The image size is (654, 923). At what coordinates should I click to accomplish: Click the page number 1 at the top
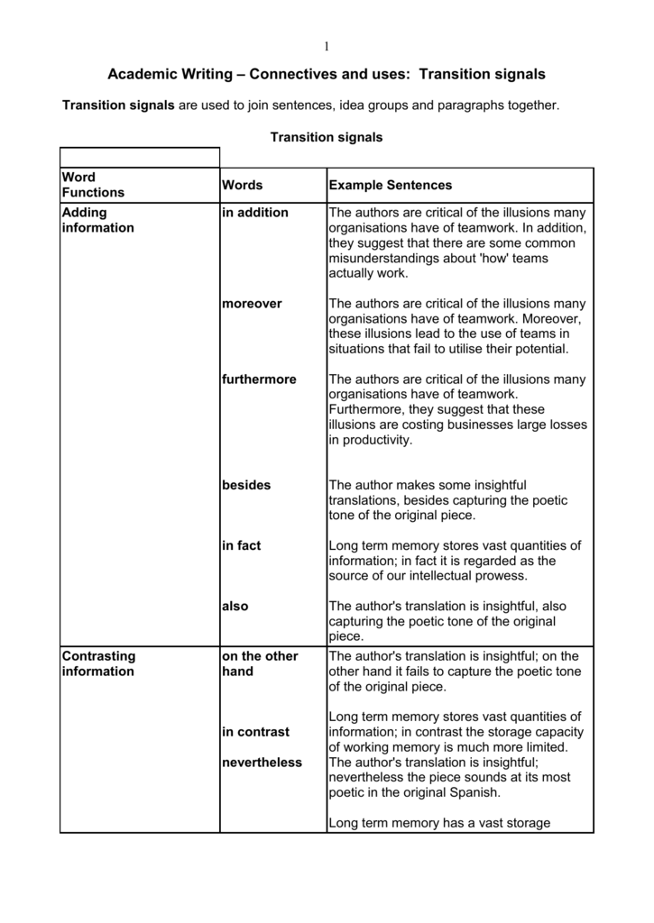327,47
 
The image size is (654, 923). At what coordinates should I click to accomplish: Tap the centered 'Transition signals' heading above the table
327,138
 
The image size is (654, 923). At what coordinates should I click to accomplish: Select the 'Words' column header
242,185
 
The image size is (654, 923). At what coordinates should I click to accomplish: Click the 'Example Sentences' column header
390,185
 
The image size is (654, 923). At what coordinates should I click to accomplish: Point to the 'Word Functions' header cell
93,185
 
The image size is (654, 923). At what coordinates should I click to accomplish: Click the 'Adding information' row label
97,220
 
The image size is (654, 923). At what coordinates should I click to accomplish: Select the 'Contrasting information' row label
97,663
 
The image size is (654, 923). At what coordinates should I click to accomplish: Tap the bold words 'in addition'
255,213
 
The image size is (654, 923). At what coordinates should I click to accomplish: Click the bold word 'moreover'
252,304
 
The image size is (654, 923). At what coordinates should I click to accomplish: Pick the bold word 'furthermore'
259,379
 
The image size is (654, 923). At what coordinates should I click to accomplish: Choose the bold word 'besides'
246,485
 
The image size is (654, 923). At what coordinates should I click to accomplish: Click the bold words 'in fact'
241,545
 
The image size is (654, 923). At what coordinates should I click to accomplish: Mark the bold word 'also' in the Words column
235,607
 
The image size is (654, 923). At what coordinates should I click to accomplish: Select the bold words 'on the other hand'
259,663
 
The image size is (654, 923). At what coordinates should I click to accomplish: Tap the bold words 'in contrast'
255,732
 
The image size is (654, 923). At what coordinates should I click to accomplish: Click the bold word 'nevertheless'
262,763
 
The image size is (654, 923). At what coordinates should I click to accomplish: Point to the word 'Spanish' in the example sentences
474,792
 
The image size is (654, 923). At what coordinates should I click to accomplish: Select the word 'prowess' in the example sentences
502,576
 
